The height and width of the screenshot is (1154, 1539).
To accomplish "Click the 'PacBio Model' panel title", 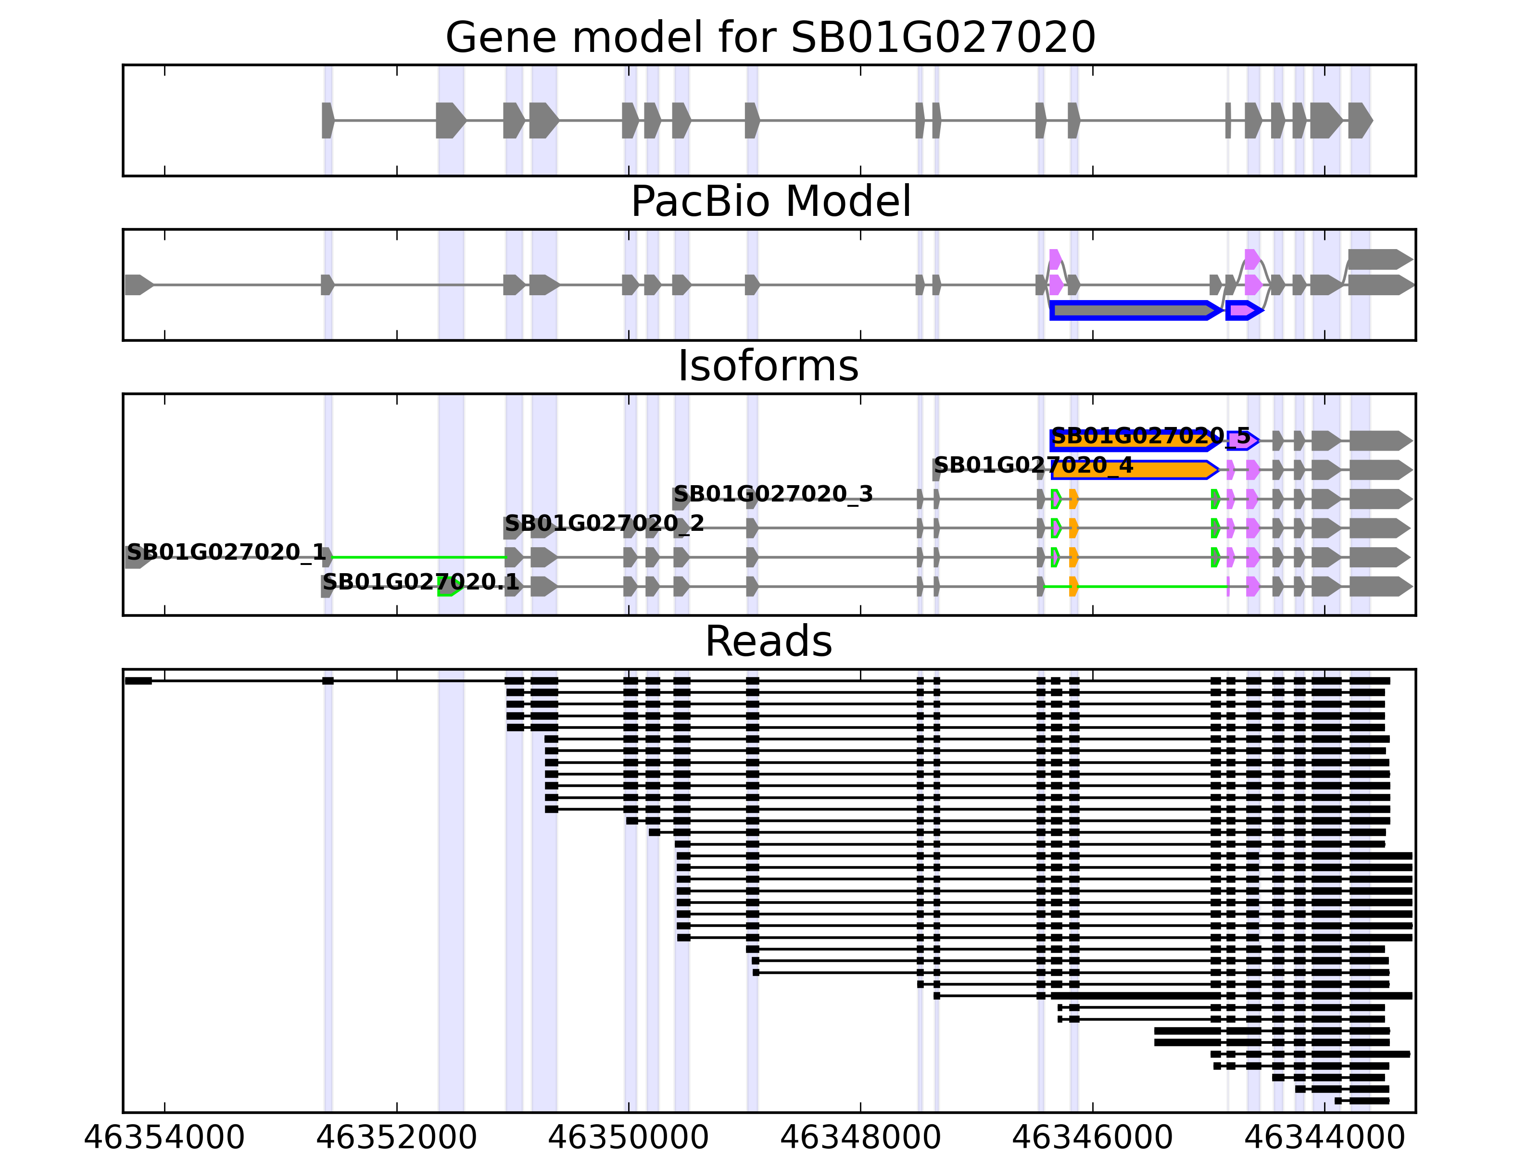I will [x=769, y=202].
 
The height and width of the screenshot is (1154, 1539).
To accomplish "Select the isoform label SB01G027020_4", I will [x=1033, y=465].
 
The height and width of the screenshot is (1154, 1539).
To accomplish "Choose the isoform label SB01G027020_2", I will [x=604, y=523].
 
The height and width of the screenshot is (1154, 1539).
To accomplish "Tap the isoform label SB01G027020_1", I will [x=226, y=552].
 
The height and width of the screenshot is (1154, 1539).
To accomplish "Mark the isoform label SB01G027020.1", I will [x=420, y=582].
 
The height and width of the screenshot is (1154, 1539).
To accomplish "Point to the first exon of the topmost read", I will [x=139, y=680].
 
